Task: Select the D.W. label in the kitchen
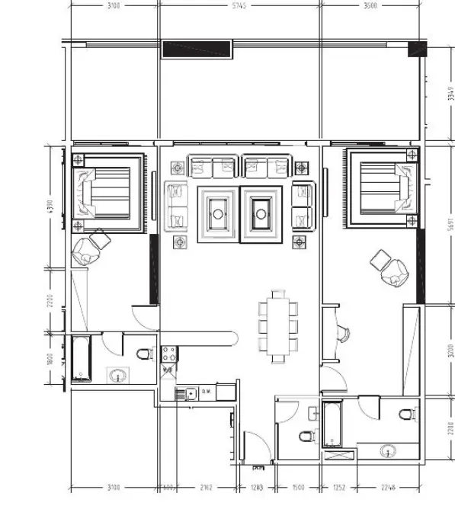pos(205,394)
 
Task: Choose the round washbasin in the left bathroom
pos(117,376)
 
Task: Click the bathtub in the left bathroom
pos(81,360)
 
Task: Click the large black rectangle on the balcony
pos(197,49)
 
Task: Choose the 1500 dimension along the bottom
pos(298,487)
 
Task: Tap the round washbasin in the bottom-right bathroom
pos(394,451)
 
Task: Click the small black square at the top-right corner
pos(418,50)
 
